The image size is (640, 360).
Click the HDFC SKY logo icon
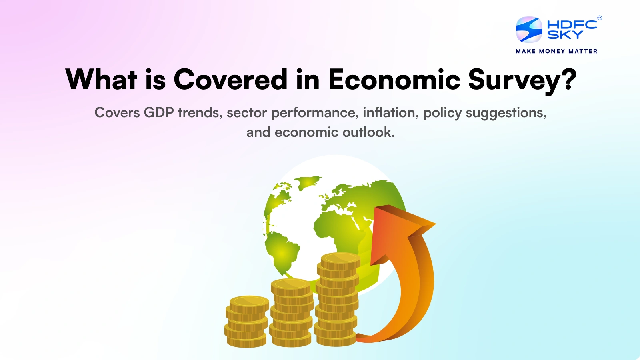(529, 30)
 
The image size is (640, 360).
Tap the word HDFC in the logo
(572, 24)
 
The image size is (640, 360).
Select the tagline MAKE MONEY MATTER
(556, 51)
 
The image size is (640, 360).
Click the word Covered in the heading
(230, 79)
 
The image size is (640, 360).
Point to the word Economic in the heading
(394, 79)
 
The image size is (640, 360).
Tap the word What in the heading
(101, 79)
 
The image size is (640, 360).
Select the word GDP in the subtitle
(159, 113)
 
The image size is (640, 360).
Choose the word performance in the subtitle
(314, 113)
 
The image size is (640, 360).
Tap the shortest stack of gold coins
(246, 322)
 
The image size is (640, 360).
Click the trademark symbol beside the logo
(600, 18)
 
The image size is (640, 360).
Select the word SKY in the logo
(565, 35)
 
